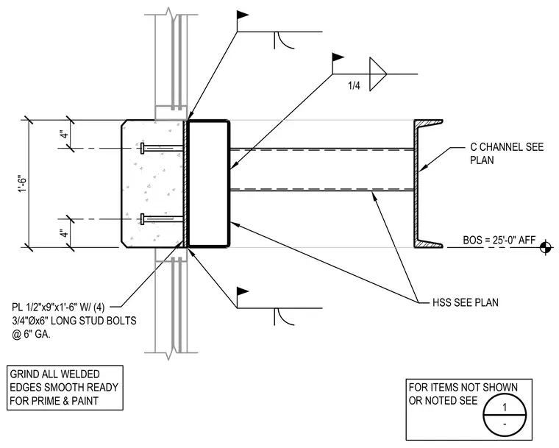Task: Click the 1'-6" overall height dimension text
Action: point(23,183)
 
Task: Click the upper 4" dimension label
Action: point(64,135)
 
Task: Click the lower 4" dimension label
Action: point(64,234)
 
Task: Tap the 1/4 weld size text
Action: point(354,85)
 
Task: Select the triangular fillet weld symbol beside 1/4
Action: point(378,74)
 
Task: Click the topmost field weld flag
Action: point(243,15)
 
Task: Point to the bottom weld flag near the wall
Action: point(243,292)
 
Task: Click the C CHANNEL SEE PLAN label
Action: point(507,153)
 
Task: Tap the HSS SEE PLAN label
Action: point(466,302)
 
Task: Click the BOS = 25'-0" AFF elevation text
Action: point(499,240)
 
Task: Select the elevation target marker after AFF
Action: point(546,247)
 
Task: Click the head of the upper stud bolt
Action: point(143,148)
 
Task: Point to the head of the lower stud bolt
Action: point(143,219)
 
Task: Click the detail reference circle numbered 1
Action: point(505,416)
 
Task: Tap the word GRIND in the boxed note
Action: point(24,374)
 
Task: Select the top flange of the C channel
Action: point(428,123)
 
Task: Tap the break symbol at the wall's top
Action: point(171,15)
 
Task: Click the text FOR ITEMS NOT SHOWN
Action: point(463,387)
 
